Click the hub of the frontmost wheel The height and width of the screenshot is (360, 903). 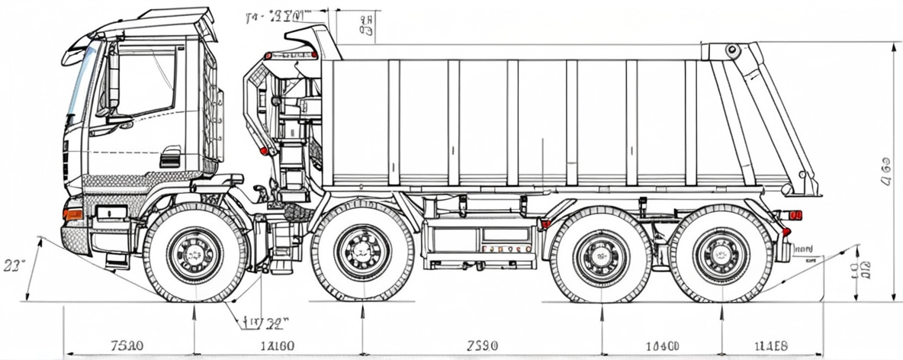195,254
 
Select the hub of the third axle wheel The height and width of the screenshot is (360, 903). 602,255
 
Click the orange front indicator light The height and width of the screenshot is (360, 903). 72,214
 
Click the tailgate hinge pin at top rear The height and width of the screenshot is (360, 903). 732,51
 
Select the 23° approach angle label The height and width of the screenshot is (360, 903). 14,265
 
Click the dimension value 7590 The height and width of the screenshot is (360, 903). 481,346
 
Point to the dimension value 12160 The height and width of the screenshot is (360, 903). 277,346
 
